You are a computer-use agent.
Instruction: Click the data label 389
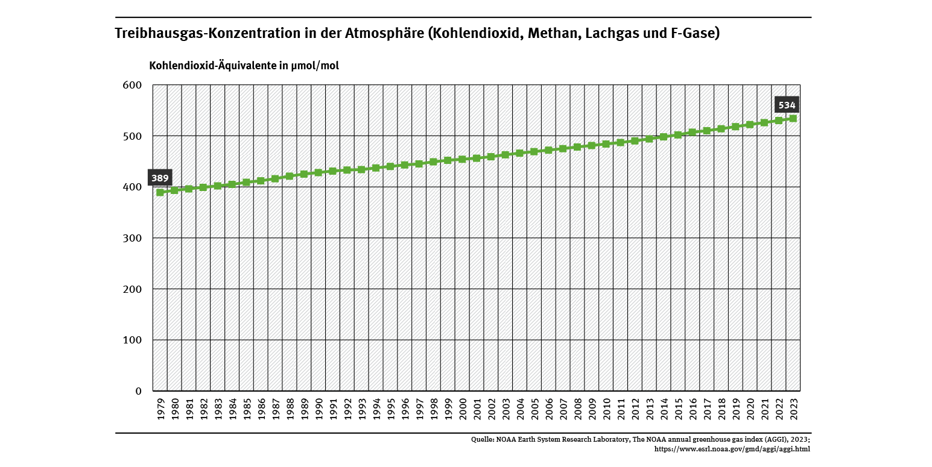(160, 178)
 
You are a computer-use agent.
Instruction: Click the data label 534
(787, 105)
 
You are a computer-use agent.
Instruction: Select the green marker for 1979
(160, 192)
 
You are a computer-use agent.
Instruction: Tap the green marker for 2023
(793, 119)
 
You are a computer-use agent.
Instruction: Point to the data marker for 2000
(462, 159)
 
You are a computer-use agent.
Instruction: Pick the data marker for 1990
(319, 172)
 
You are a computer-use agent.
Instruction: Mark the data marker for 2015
(678, 134)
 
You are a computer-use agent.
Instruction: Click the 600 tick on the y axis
(132, 85)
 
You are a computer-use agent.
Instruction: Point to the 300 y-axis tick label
(132, 238)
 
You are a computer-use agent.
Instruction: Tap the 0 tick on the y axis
(138, 391)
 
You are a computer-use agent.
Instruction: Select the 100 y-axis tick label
(132, 340)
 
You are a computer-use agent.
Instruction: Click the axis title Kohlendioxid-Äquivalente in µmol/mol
(244, 66)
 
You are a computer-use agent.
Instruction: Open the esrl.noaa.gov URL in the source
(732, 448)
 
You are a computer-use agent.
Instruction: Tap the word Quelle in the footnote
(483, 440)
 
